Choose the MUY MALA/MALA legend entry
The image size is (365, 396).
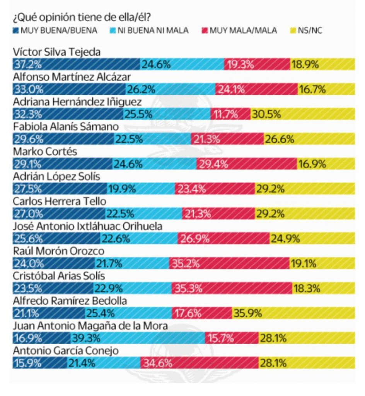[239, 30]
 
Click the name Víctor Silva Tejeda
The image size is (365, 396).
[56, 53]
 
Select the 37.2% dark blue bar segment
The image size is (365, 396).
[76, 65]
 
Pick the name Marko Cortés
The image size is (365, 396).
[44, 152]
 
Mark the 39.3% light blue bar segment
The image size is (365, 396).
[138, 338]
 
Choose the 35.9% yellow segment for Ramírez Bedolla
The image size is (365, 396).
[293, 313]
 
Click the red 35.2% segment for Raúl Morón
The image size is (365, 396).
[229, 264]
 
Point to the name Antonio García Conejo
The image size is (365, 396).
[65, 351]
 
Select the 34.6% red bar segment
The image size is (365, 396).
[199, 363]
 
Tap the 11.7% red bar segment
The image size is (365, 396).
[230, 114]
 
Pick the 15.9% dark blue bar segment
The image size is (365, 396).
[39, 363]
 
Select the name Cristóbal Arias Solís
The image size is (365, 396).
[59, 276]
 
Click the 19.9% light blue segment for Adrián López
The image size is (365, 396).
[141, 189]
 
